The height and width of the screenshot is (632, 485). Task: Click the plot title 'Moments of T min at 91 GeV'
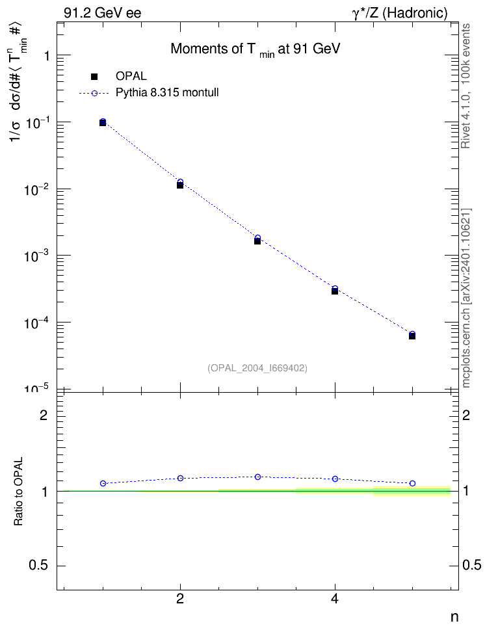point(256,49)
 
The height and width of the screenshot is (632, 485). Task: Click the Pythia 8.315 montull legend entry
point(149,93)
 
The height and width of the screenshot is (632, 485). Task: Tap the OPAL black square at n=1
point(103,123)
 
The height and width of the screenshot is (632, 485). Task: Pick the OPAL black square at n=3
point(257,241)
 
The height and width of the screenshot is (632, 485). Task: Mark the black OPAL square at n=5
point(412,336)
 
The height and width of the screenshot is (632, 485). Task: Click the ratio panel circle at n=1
point(103,483)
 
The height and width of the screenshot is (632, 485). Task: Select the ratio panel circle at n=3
point(257,477)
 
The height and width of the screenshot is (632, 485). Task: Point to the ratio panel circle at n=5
point(412,483)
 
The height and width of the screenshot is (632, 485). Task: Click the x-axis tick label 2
point(180,599)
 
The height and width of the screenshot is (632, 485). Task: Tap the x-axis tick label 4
point(335,599)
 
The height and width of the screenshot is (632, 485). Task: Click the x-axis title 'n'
point(454,617)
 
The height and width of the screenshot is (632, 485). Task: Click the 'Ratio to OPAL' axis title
point(18,492)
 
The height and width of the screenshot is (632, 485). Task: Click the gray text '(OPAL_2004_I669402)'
point(257,368)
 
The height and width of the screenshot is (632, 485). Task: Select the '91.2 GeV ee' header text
point(103,13)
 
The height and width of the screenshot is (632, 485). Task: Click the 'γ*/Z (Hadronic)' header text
point(400,13)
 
